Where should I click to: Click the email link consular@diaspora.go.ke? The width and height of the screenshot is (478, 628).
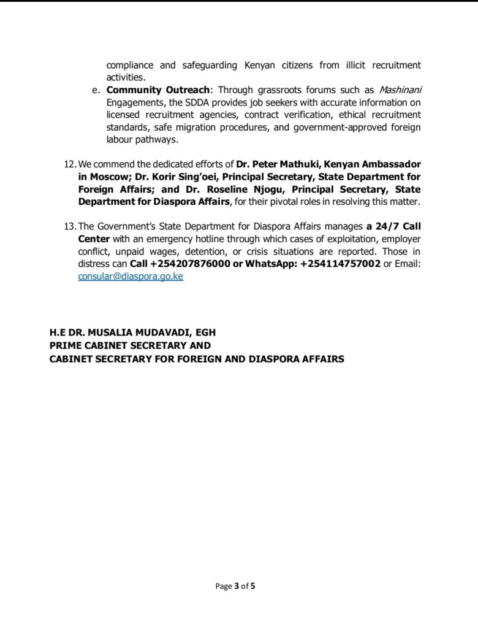[x=131, y=277]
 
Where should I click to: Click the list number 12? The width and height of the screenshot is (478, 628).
[x=69, y=164]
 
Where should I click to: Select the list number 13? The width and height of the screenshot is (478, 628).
[x=69, y=226]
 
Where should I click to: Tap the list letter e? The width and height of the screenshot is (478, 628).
[x=96, y=90]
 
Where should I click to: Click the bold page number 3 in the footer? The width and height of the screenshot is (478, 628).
[x=237, y=586]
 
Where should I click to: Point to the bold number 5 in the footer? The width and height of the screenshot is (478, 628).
[x=252, y=586]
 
